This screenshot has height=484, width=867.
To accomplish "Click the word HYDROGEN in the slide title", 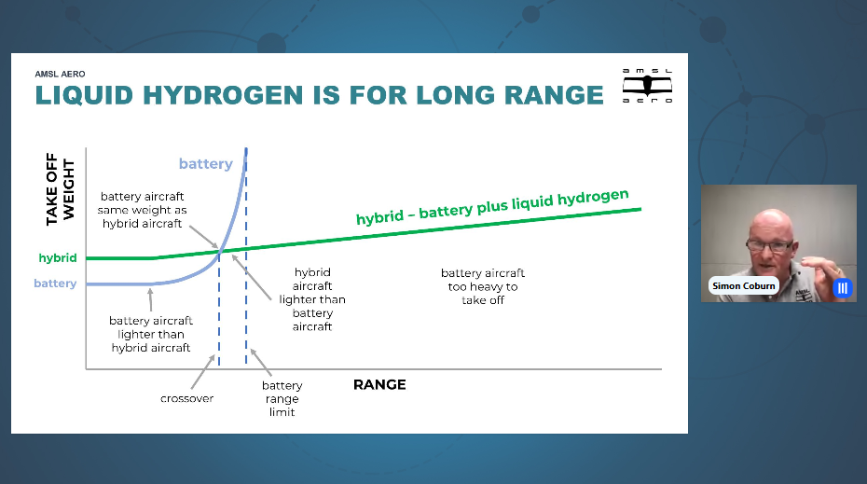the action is point(223,95).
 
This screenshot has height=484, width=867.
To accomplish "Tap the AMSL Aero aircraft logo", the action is point(647,86).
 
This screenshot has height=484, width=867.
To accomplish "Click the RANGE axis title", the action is point(379,384).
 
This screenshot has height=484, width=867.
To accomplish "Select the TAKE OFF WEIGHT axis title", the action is point(60,189).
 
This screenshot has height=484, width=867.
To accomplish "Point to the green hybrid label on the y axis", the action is point(58,257).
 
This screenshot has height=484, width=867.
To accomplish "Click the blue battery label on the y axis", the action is point(55,283).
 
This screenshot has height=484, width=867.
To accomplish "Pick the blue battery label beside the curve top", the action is point(206,164).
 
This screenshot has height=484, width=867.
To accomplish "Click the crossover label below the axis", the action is point(186,398).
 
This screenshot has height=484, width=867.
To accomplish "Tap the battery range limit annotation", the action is point(282,398).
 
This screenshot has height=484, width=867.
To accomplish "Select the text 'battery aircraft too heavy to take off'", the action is point(483,286).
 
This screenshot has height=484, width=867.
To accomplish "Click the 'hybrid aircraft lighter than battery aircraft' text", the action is point(312,299).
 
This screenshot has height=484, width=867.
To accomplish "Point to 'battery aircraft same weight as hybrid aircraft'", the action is point(142,210).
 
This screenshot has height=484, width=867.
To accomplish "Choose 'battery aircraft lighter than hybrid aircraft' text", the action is point(151,334).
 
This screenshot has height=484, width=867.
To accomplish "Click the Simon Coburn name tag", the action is point(743,285).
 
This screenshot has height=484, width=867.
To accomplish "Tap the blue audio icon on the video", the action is point(842,288).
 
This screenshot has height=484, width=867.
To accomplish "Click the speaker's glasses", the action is point(770,245).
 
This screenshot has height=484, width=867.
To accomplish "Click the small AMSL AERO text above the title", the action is point(60,74).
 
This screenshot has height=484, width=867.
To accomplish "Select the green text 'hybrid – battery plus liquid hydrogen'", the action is point(492,207).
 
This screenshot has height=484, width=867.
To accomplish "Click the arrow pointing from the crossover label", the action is point(202,372).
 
